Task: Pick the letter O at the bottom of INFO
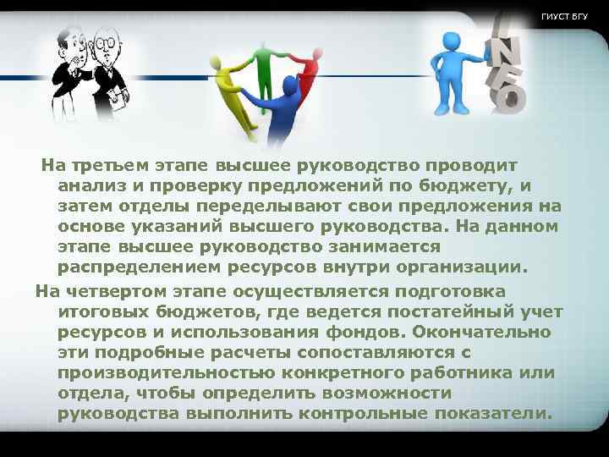508,100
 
